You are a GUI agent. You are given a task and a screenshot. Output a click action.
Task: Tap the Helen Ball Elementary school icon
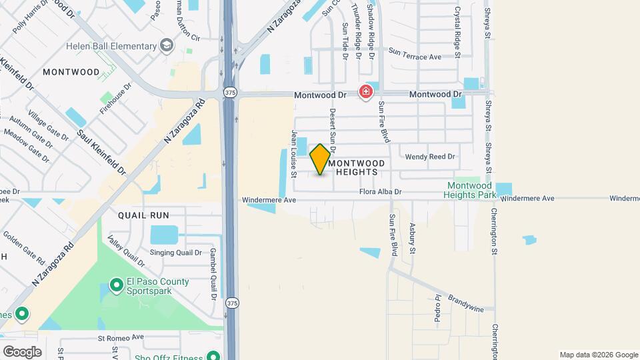[167, 46]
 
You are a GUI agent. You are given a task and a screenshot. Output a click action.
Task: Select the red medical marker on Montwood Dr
[365, 92]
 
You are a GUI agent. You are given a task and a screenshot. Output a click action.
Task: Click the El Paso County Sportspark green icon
[117, 286]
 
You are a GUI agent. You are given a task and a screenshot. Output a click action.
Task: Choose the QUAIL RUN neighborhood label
[143, 215]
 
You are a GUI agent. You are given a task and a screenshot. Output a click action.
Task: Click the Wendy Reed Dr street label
[430, 157]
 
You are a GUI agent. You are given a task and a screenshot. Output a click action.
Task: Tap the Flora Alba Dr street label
[381, 192]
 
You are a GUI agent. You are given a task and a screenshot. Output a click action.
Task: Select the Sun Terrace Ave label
[415, 57]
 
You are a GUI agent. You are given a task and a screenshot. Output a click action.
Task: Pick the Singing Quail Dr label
[175, 253]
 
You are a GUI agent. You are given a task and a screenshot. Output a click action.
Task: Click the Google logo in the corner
[22, 352]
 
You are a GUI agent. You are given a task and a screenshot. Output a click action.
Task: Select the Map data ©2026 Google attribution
[598, 355]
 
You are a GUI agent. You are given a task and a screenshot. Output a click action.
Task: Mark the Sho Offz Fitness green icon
[213, 356]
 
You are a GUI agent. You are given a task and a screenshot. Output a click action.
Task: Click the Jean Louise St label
[293, 154]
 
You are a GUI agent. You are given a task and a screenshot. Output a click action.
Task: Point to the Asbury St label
[413, 238]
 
